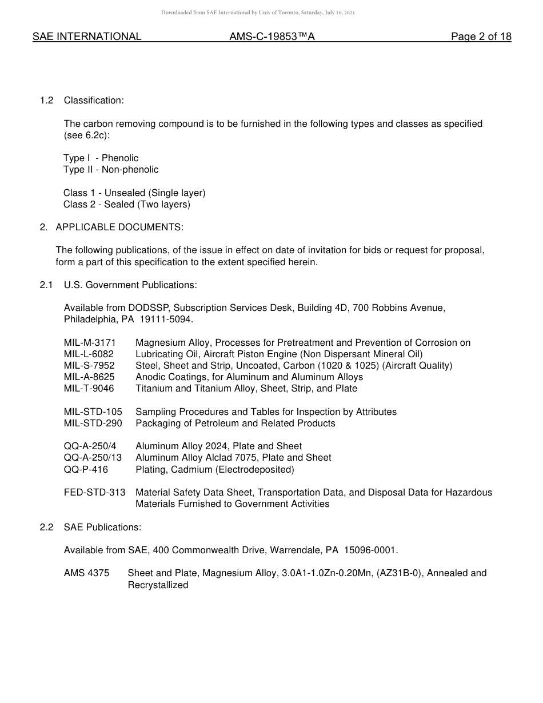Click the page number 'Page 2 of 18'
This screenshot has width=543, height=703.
[481, 37]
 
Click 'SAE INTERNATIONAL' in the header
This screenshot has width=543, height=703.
[87, 37]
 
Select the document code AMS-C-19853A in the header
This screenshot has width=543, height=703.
[272, 37]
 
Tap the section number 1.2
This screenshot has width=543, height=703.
[46, 101]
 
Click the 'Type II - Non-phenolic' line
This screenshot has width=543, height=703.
[111, 170]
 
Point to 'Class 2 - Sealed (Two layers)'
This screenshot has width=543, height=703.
[127, 205]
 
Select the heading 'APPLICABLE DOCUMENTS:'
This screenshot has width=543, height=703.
[119, 227]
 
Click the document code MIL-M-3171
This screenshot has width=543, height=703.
[90, 343]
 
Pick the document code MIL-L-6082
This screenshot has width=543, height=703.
[89, 354]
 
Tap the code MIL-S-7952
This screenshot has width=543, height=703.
[89, 366]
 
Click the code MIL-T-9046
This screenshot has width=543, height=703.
[89, 389]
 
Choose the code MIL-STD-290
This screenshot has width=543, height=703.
[93, 424]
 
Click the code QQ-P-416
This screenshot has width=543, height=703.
[86, 470]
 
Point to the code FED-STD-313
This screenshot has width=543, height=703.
[94, 493]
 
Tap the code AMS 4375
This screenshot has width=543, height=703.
[86, 573]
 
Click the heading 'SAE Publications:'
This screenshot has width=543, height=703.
[102, 528]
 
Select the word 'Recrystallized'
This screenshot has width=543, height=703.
[158, 585]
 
